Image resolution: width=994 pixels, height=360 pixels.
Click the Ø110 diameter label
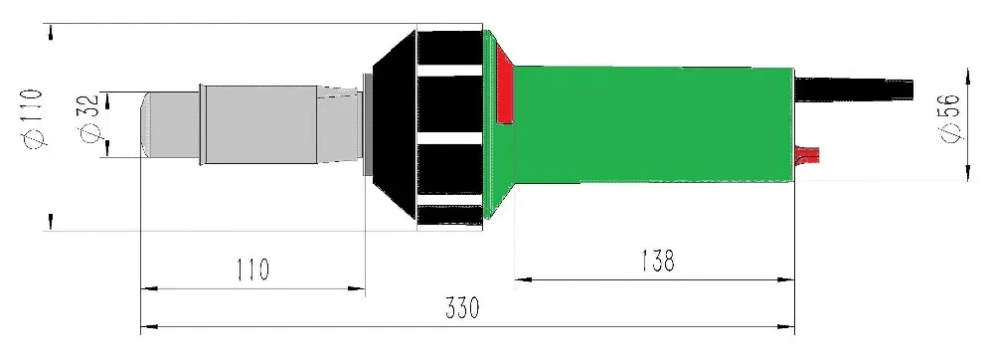pyautogui.click(x=34, y=118)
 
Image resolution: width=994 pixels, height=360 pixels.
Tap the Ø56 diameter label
pyautogui.click(x=952, y=117)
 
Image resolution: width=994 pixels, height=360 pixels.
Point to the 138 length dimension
pyautogui.click(x=658, y=261)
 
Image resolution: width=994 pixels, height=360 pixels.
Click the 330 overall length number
pyautogui.click(x=463, y=308)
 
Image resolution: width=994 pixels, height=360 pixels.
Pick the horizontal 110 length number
pyautogui.click(x=252, y=270)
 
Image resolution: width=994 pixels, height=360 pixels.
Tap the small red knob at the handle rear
pyautogui.click(x=807, y=153)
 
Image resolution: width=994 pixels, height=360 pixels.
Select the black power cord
pyautogui.click(x=854, y=90)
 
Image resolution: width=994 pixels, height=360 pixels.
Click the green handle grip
pyautogui.click(x=653, y=124)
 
